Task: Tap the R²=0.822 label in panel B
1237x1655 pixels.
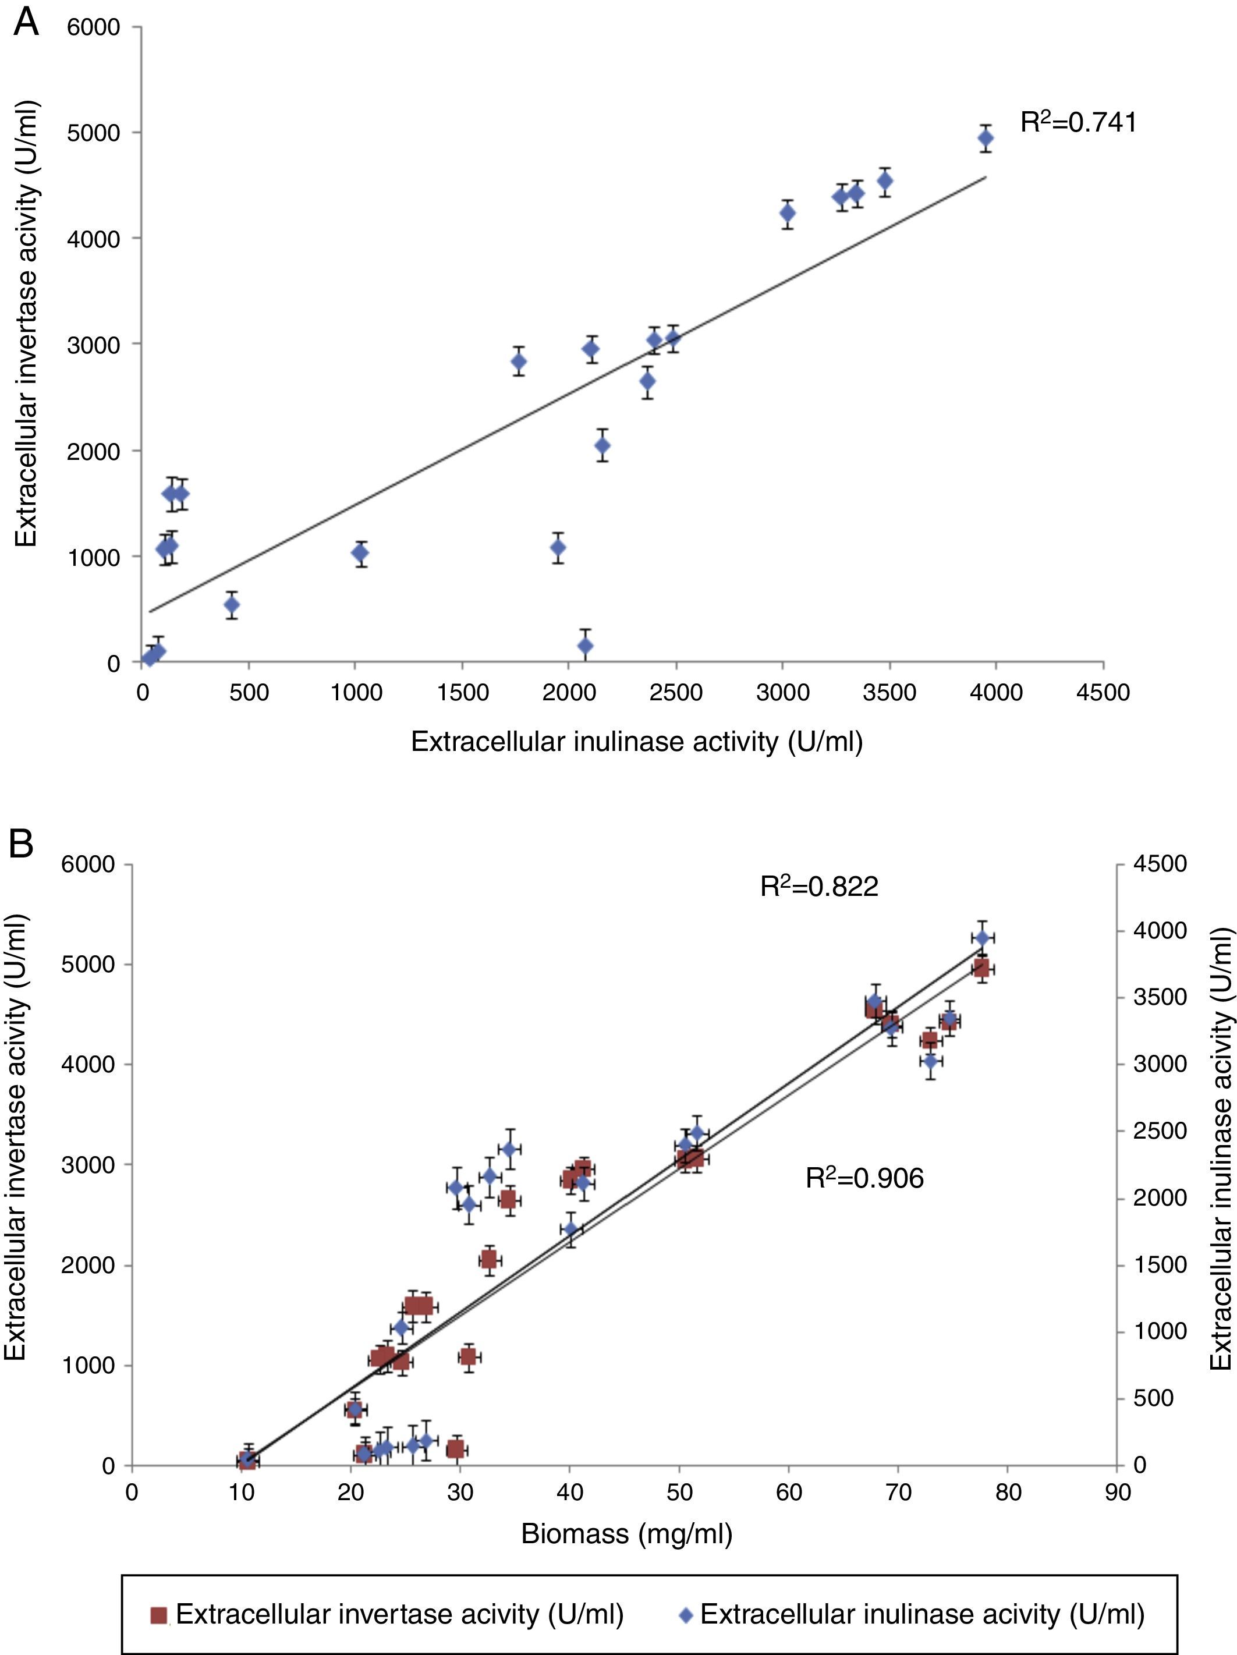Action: click(x=818, y=887)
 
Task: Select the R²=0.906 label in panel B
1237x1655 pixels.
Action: click(x=864, y=1178)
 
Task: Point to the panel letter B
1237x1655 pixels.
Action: click(x=21, y=844)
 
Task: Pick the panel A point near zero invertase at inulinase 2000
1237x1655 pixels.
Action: click(x=585, y=646)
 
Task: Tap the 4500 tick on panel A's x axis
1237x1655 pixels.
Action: click(x=1103, y=693)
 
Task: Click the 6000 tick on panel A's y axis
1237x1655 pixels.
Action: click(x=94, y=28)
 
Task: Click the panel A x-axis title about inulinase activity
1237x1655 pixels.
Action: click(x=637, y=742)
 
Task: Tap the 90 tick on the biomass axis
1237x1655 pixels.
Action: click(x=1117, y=1493)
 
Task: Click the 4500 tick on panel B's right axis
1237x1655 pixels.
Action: click(x=1160, y=864)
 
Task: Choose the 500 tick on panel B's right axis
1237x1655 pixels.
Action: click(x=1153, y=1398)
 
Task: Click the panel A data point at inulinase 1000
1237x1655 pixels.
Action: click(x=360, y=553)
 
